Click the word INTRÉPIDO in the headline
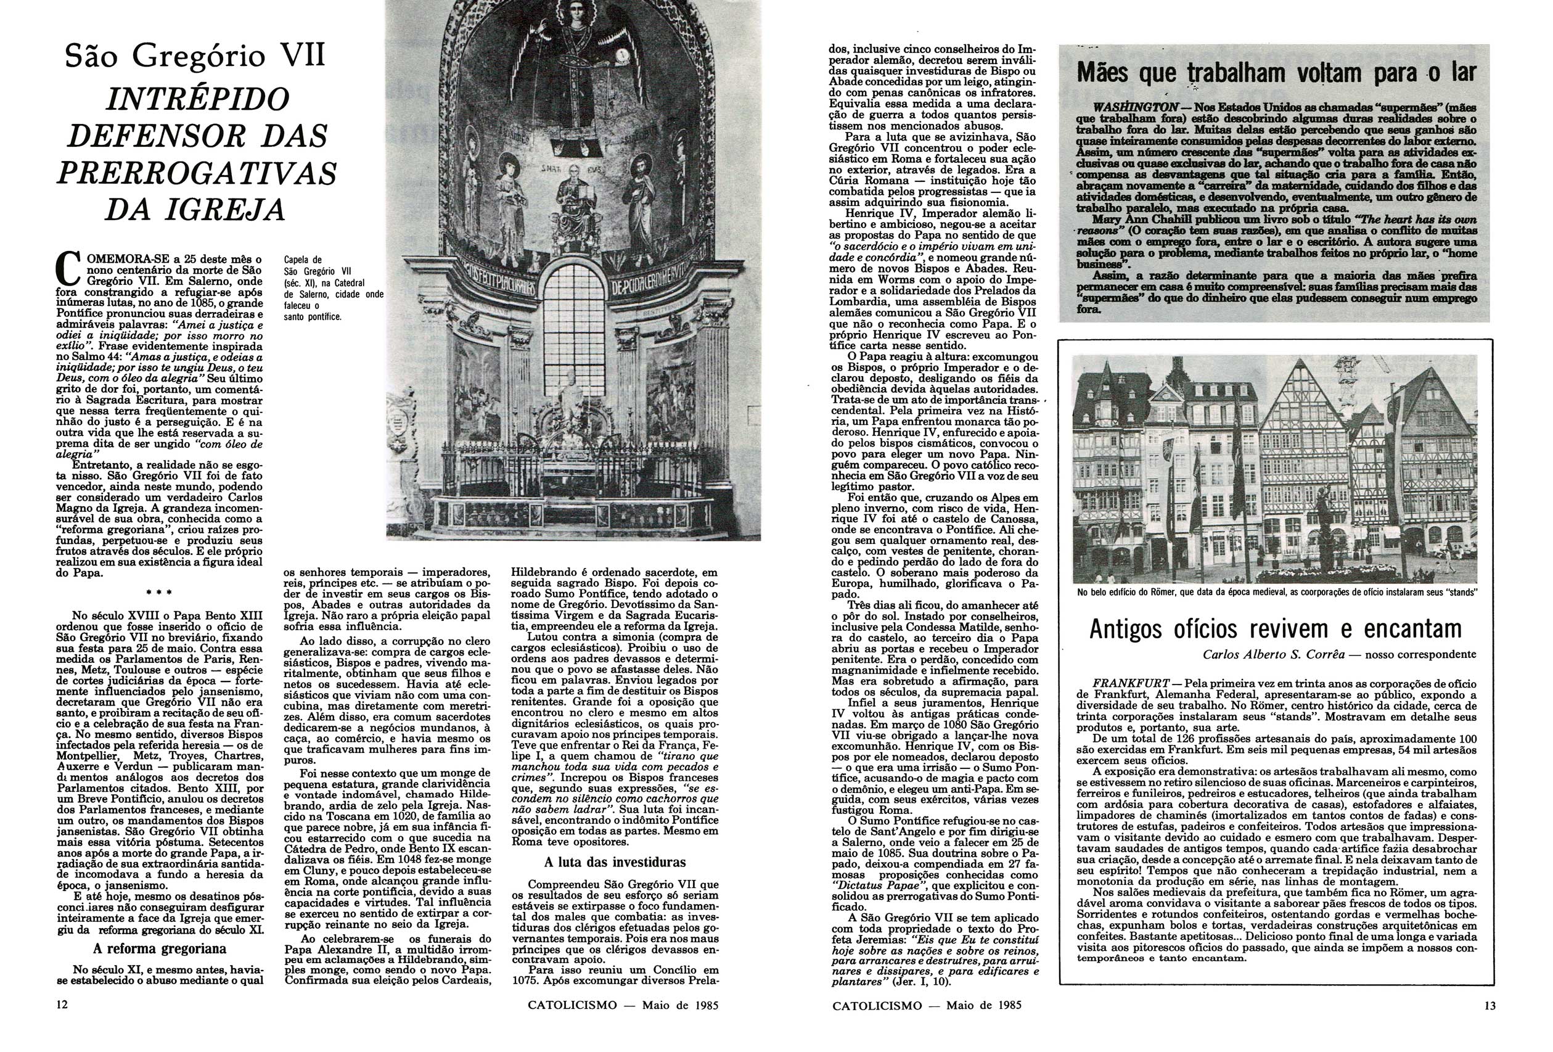(x=198, y=99)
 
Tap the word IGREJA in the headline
(x=229, y=209)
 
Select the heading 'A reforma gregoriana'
(x=160, y=948)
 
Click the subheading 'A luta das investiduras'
(x=615, y=861)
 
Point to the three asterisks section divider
(x=160, y=593)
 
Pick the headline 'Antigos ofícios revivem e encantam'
(x=1275, y=629)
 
